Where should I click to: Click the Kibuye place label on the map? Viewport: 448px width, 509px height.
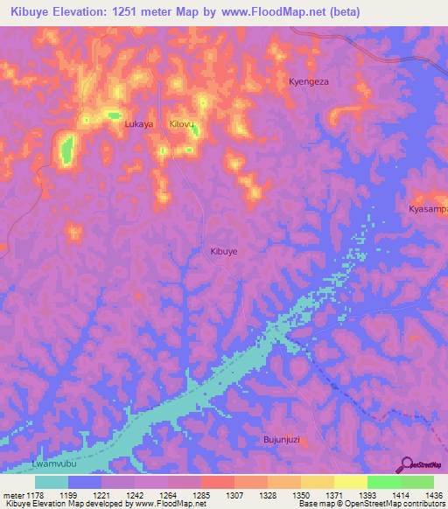click(224, 251)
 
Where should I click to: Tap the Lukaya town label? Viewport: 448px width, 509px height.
click(139, 124)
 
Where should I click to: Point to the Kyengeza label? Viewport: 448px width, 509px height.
click(309, 81)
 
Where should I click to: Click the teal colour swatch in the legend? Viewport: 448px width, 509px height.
click(52, 482)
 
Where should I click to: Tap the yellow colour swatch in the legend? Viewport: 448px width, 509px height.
click(351, 482)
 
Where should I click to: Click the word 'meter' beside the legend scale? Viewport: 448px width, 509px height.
click(14, 495)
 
